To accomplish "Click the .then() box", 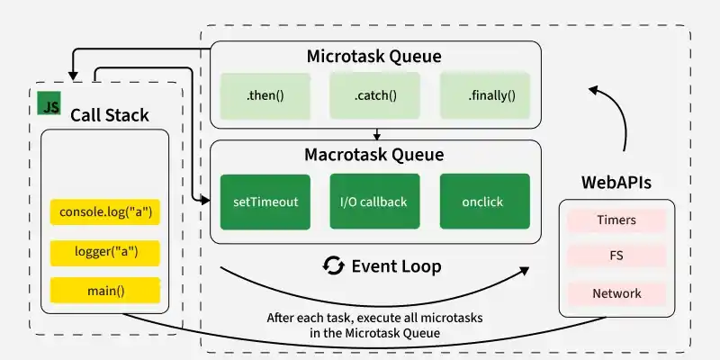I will [265, 94].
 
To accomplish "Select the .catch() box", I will [375, 94].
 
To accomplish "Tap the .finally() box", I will [485, 94].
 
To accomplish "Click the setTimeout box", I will [265, 202].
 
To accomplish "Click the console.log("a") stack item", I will [105, 213].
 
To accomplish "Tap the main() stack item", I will [105, 291].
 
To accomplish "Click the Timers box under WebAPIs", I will [616, 220].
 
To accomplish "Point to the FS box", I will [616, 256].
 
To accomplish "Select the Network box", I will [616, 293].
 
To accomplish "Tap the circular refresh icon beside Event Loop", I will [334, 266].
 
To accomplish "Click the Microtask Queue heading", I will [374, 57].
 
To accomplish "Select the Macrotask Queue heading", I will [374, 155].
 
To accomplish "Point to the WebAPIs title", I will [616, 183].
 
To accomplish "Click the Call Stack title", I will [110, 115].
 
